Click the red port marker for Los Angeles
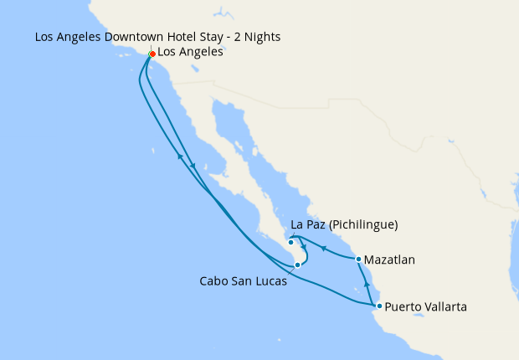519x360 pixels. [152, 54]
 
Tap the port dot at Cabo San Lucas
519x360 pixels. [297, 265]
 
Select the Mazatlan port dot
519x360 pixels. [359, 260]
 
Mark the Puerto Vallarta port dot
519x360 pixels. [379, 306]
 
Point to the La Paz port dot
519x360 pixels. [290, 244]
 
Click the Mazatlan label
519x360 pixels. [390, 260]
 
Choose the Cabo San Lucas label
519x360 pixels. [243, 281]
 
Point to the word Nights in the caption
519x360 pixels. [261, 38]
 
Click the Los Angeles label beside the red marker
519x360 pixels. [190, 52]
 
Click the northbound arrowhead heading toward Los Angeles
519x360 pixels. [179, 156]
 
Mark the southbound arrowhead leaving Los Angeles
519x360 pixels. [194, 165]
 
